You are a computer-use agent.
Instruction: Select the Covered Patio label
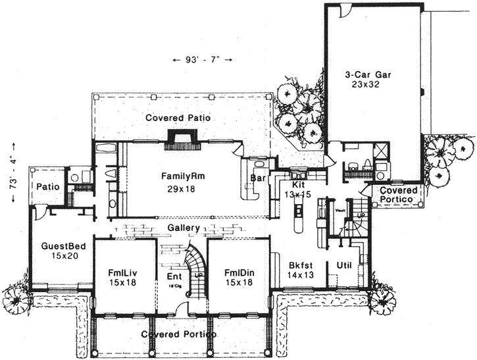(x=182, y=118)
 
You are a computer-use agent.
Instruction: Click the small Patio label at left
(x=49, y=187)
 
